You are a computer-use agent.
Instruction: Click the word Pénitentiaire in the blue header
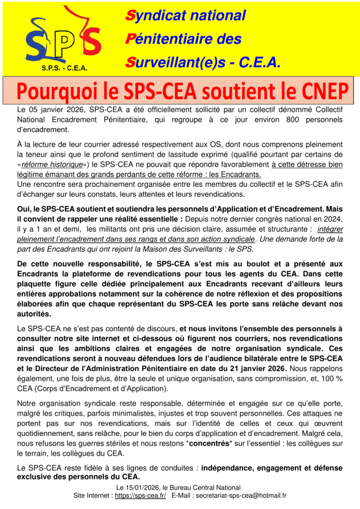(x=172, y=39)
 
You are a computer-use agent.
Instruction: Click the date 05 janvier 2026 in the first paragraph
(x=54, y=110)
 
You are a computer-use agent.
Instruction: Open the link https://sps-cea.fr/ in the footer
(x=140, y=496)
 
